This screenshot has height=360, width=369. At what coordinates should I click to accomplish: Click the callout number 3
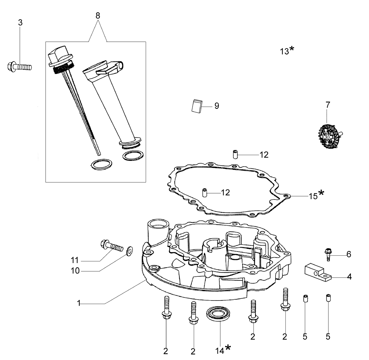20,23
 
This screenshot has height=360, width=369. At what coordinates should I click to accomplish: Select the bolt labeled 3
20,67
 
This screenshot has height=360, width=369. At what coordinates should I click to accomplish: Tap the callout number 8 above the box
98,16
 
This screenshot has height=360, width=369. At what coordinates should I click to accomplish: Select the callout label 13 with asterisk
287,50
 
